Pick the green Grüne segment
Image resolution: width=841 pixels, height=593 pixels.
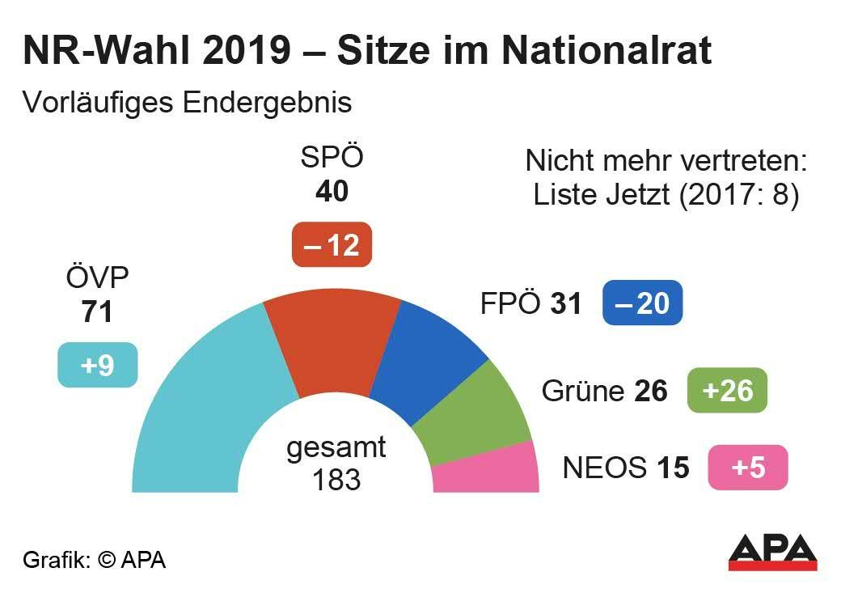pos(477,413)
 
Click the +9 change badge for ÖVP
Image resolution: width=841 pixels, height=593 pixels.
pos(97,366)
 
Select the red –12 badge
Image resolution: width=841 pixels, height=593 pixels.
pos(332,244)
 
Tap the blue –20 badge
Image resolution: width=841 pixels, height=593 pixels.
pos(642,303)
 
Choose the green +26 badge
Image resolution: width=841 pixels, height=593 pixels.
pos(726,391)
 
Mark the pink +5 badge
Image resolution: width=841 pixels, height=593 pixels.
pos(747,468)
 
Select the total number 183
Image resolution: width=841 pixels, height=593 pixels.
pos(336,479)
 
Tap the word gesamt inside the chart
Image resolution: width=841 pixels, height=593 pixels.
pos(336,448)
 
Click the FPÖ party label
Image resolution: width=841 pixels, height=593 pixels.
pos(509,303)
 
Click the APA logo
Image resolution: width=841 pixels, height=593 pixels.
pos(772,553)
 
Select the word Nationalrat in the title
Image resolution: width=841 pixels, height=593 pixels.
pos(606,50)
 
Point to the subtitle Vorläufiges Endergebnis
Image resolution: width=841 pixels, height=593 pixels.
pos(187,103)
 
